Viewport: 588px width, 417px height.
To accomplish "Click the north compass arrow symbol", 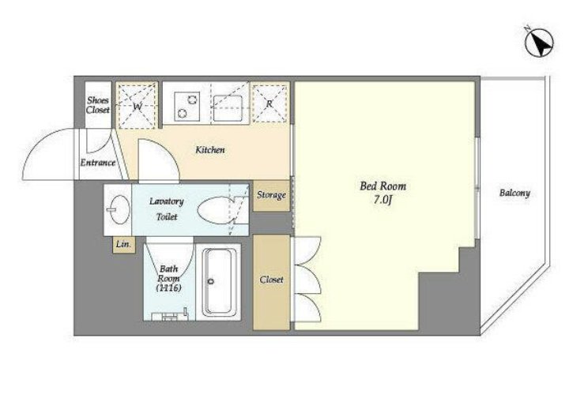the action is [540, 43].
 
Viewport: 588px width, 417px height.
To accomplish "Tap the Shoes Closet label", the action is [98, 105].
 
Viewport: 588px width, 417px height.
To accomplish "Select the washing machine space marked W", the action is [137, 106].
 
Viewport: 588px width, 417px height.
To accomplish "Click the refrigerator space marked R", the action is [269, 103].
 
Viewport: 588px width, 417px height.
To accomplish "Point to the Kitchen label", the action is [210, 150].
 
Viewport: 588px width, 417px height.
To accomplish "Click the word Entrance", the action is [98, 163].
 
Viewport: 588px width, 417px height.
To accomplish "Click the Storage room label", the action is [272, 195].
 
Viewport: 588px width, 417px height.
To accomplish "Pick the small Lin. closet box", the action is [124, 245].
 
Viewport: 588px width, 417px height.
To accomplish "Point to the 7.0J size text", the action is [383, 200].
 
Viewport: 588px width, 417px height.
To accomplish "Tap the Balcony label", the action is [514, 193].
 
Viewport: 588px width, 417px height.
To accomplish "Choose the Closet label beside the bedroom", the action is [272, 280].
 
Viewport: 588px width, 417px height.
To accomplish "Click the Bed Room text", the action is [383, 186].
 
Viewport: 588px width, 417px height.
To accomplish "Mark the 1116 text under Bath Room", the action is [169, 287].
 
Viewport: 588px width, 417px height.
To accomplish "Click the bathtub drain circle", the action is [211, 281].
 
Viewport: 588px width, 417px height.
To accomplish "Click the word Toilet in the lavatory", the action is [167, 216].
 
